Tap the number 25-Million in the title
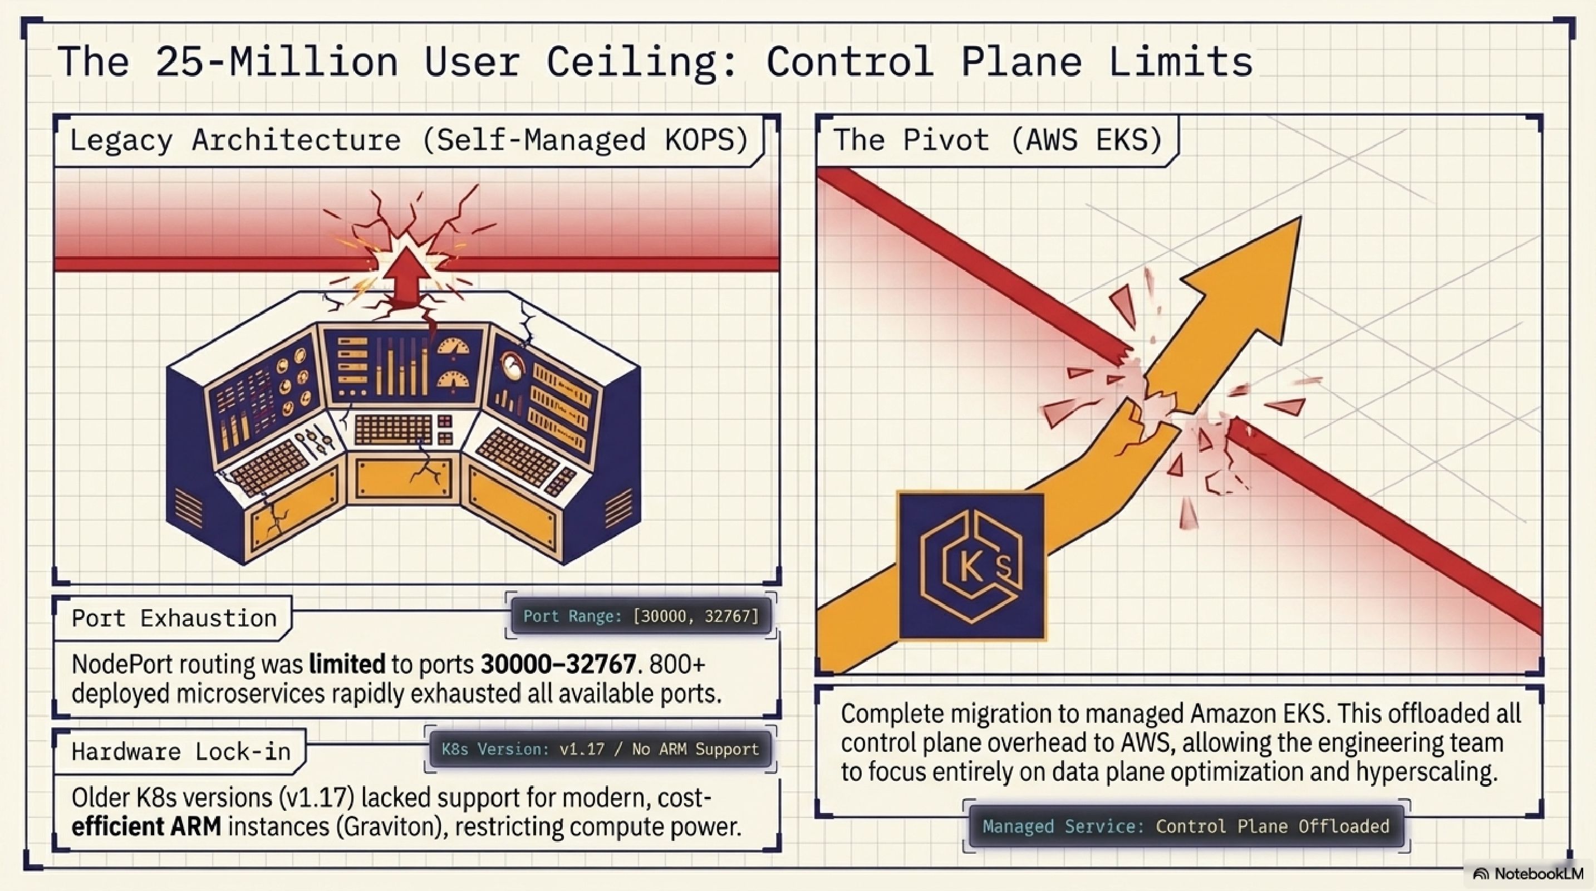(276, 62)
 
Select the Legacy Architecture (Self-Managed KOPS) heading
(409, 140)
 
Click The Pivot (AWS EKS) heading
(998, 140)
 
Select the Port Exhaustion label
(174, 618)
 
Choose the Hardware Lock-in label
(181, 752)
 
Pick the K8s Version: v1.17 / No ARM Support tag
(600, 749)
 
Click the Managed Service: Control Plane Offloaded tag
(1186, 826)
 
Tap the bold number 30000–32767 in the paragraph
(558, 665)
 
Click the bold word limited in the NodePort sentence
(347, 665)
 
